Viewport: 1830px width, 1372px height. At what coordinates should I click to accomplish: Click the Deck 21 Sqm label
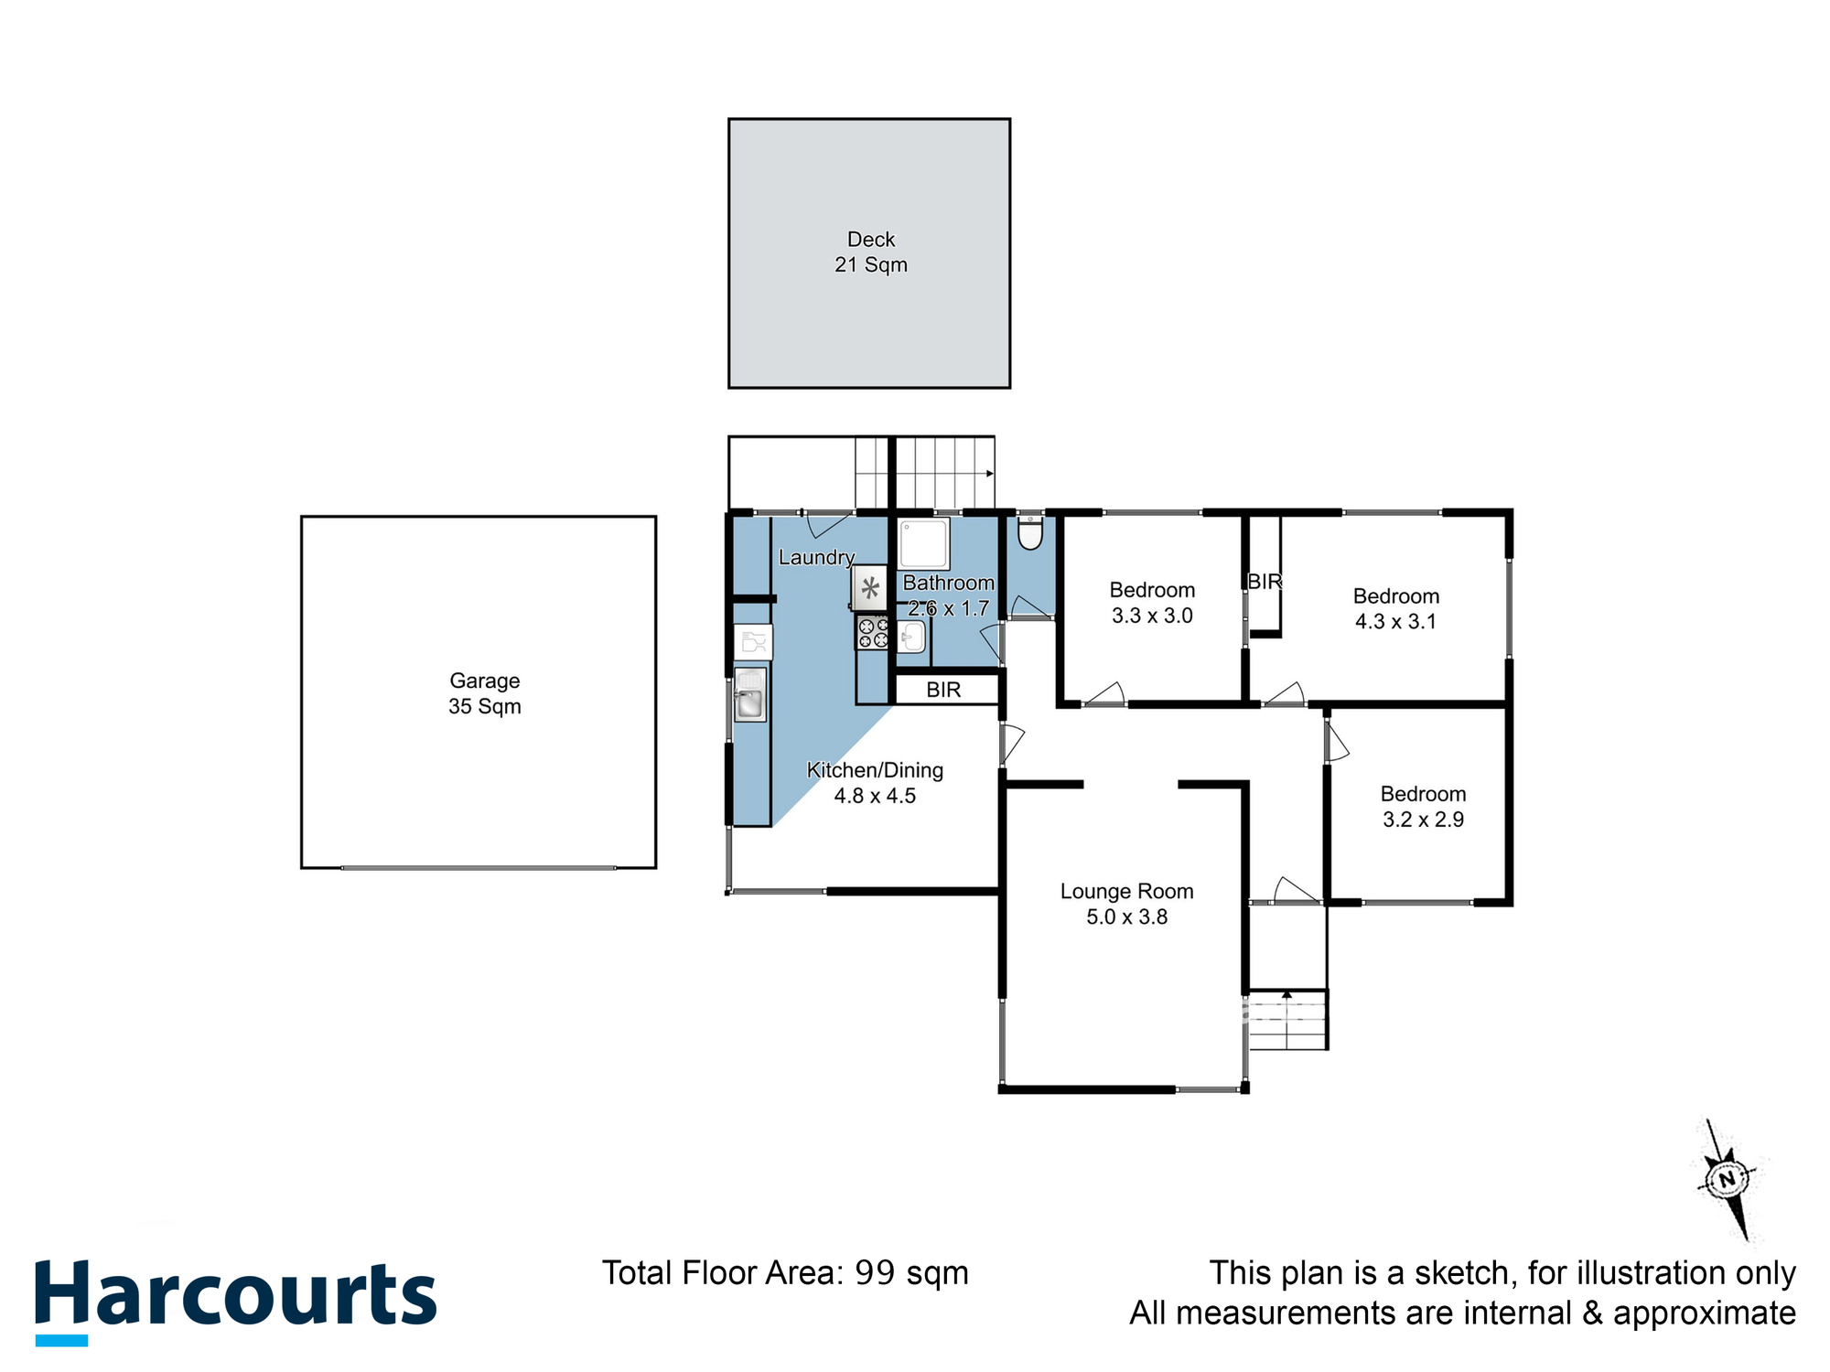[x=870, y=252]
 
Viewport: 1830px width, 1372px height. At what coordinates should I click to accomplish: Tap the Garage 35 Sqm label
[x=484, y=693]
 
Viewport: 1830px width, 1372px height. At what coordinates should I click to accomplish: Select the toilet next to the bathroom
[x=1030, y=533]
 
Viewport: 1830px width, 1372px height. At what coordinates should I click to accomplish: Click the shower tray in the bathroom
[x=923, y=544]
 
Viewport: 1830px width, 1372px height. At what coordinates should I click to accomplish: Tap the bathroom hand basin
[x=911, y=635]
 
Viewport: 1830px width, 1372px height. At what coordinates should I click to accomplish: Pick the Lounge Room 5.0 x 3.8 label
[x=1126, y=904]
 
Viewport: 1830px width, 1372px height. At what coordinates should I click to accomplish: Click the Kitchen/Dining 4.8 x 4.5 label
[x=875, y=783]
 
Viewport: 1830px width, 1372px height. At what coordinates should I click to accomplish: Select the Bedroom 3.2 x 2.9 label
[x=1423, y=807]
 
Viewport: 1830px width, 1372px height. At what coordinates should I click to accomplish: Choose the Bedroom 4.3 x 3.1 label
[x=1395, y=609]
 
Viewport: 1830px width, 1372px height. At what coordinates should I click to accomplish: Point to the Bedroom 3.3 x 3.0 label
[x=1152, y=603]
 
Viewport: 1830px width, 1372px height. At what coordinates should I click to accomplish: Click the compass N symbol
[x=1728, y=1179]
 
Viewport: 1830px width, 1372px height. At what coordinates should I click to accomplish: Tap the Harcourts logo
[x=235, y=1297]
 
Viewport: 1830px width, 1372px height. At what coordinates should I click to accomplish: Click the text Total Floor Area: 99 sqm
[x=785, y=1273]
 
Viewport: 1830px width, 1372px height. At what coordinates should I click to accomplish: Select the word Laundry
[x=816, y=557]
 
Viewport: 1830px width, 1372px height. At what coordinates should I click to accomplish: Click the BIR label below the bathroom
[x=943, y=690]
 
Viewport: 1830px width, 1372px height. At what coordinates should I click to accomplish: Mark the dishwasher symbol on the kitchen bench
[x=753, y=642]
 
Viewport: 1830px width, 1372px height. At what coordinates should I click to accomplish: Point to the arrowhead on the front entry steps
[x=1286, y=994]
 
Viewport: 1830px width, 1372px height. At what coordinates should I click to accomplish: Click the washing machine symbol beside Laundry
[x=869, y=588]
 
